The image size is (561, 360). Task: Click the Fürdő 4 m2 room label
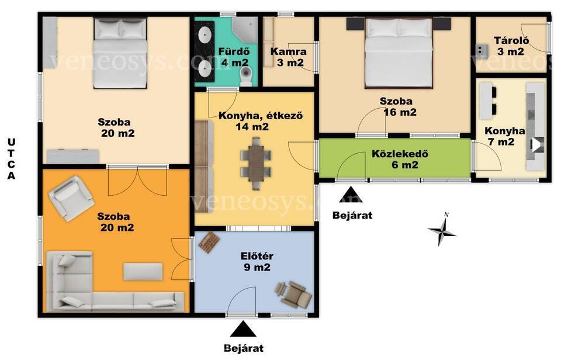tap(234, 57)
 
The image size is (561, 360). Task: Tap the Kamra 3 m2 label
tap(288, 57)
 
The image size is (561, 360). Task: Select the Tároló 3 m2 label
tap(511, 46)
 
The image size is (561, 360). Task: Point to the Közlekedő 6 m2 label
tap(400, 159)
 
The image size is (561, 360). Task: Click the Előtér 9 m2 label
tap(257, 262)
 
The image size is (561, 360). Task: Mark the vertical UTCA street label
tap(12, 159)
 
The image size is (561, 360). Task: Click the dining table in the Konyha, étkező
tap(255, 163)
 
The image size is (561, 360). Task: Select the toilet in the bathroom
tap(246, 77)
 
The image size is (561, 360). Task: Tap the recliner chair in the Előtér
tap(292, 294)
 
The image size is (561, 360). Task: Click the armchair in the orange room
tap(71, 198)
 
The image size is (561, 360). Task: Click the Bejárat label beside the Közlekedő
tap(352, 216)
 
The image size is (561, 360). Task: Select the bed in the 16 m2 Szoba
tap(399, 53)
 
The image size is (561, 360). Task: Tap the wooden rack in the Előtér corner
tap(209, 243)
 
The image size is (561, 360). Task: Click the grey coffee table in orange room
tap(143, 272)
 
